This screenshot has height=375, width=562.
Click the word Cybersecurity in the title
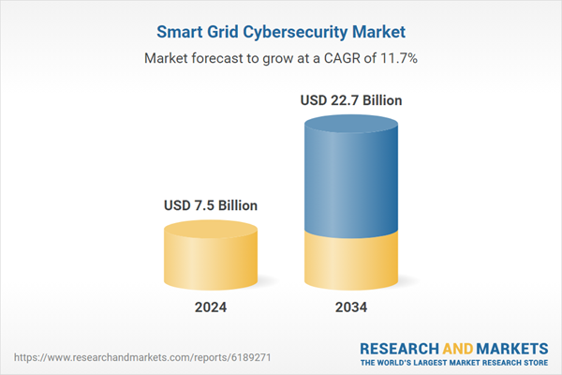click(x=297, y=33)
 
